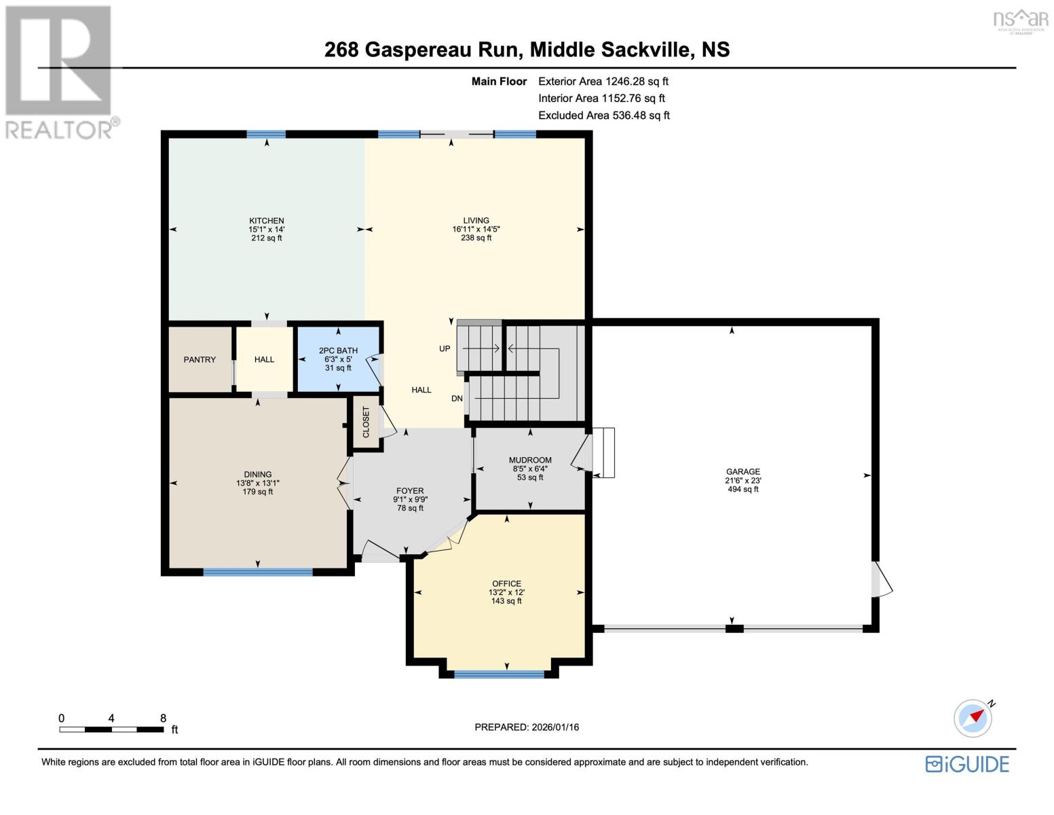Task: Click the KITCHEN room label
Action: point(266,221)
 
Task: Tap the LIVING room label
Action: point(476,221)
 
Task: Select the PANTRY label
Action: point(200,359)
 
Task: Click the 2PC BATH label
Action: point(338,351)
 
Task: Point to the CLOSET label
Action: point(366,422)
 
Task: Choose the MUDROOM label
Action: point(530,460)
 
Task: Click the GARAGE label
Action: point(742,471)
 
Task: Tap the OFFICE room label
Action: point(506,583)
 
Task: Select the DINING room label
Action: point(258,475)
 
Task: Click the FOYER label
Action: point(410,491)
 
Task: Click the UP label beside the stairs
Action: point(445,348)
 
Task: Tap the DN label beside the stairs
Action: point(457,399)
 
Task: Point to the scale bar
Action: point(111,729)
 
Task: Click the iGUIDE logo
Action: point(967,764)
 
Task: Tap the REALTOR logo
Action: point(60,71)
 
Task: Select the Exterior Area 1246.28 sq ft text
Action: point(603,81)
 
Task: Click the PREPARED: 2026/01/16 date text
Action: point(527,727)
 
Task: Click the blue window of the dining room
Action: point(258,572)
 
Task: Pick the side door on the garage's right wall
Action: point(880,579)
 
